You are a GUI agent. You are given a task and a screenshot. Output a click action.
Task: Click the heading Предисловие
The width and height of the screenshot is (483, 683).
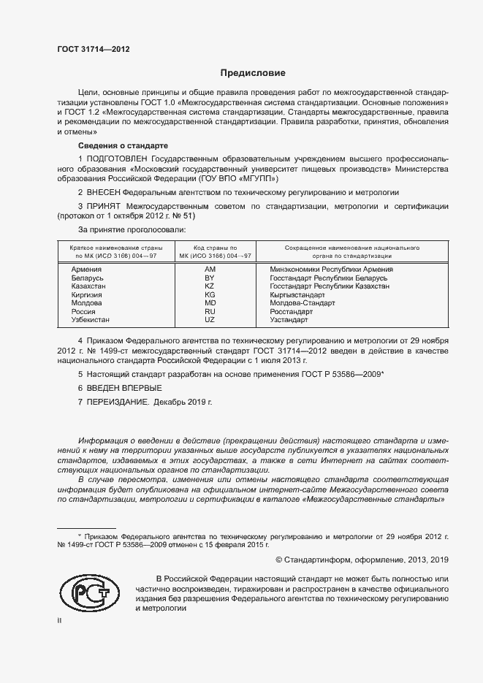coord(253,73)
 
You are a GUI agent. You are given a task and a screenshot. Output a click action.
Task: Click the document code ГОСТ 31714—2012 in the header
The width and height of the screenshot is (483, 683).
coord(93,49)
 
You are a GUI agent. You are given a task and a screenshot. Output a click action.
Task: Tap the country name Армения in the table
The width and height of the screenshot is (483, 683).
coord(87,270)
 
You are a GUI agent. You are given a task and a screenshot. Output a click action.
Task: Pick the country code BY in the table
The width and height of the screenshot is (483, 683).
coord(210,279)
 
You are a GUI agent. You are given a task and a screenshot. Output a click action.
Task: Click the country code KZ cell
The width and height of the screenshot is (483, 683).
coord(210,287)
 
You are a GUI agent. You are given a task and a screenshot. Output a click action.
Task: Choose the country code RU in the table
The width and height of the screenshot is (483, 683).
coord(210,312)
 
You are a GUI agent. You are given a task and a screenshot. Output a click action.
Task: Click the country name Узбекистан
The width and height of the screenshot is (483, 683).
coord(91,320)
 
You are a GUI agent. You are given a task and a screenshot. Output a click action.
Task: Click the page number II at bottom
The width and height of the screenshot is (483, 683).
coord(60,620)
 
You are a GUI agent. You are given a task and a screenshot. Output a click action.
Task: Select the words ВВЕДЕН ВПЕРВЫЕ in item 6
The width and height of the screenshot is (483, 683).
coord(115,388)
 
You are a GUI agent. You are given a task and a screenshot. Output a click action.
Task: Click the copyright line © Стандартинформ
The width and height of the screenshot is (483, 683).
coord(362,560)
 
